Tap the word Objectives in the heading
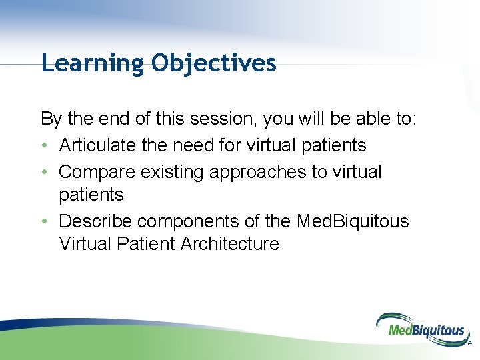[x=213, y=63]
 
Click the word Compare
[x=97, y=171]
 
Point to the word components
[x=186, y=221]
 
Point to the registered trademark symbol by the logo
[x=469, y=345]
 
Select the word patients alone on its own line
[x=91, y=195]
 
